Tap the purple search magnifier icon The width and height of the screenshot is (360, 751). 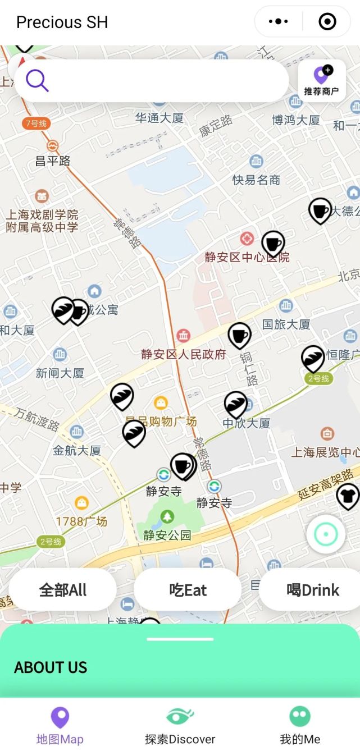pyautogui.click(x=37, y=81)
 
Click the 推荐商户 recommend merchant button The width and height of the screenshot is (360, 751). pyautogui.click(x=322, y=80)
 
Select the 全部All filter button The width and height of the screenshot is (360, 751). pyautogui.click(x=63, y=590)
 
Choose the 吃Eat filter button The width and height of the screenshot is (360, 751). pyautogui.click(x=188, y=590)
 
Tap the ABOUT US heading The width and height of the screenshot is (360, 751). pyautogui.click(x=51, y=667)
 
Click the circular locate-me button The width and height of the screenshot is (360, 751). pyautogui.click(x=326, y=534)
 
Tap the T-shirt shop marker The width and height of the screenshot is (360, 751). pyautogui.click(x=348, y=496)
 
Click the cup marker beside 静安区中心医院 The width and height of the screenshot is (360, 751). pyautogui.click(x=273, y=244)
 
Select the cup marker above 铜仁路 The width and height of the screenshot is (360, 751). pyautogui.click(x=239, y=335)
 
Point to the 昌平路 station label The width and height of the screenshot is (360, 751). pyautogui.click(x=53, y=161)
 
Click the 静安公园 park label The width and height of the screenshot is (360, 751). pyautogui.click(x=167, y=535)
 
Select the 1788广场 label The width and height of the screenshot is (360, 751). pyautogui.click(x=81, y=521)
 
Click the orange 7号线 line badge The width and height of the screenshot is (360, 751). pyautogui.click(x=35, y=123)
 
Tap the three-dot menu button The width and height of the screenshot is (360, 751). pyautogui.click(x=279, y=22)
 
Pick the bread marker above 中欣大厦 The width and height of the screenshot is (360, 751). pyautogui.click(x=235, y=404)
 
